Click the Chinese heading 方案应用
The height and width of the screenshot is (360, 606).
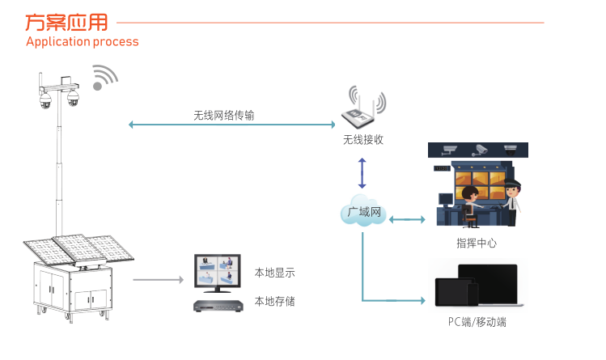(x=66, y=22)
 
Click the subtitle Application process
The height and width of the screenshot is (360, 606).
(x=82, y=41)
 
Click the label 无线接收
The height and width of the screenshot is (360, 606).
(x=362, y=140)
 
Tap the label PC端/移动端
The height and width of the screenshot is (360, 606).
(x=477, y=322)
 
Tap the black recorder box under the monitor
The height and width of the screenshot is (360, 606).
(x=218, y=306)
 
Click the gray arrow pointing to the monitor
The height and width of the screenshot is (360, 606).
(x=159, y=280)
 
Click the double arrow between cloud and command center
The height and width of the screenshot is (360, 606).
(x=407, y=218)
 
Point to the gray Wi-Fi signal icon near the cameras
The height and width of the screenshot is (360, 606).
(x=104, y=77)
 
